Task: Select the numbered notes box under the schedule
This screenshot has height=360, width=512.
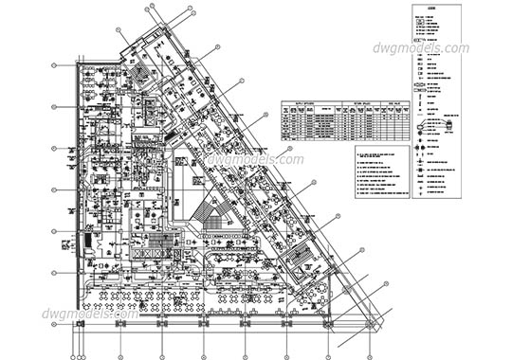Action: (374, 174)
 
